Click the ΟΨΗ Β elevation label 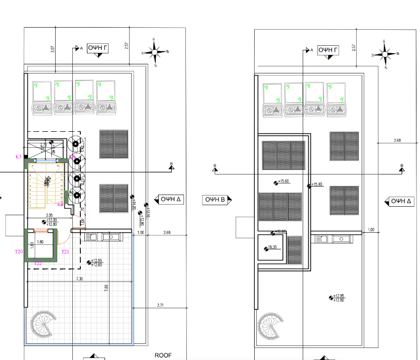[217, 200]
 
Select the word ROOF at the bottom [163, 355]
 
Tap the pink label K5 [19, 157]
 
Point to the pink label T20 [19, 251]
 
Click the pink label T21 [65, 251]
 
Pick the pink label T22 [38, 263]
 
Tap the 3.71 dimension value [160, 305]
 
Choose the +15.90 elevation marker [316, 185]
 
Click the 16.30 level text [272, 247]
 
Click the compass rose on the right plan [385, 54]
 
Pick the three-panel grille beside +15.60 [283, 155]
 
